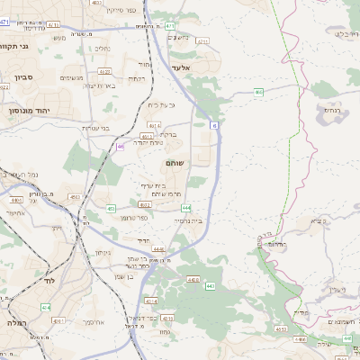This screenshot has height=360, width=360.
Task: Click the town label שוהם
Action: tap(175, 163)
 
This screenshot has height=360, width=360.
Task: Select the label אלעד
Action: tap(184, 67)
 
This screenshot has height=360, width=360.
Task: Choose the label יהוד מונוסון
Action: tap(30, 109)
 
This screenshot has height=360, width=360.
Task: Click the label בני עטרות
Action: tap(95, 128)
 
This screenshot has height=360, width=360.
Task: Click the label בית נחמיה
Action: tap(188, 220)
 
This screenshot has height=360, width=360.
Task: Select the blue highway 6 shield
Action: tap(215, 127)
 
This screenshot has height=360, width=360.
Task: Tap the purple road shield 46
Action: tap(121, 145)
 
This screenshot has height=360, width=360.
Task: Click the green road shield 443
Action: tap(209, 286)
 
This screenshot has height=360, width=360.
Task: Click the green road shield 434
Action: tap(46, 308)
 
